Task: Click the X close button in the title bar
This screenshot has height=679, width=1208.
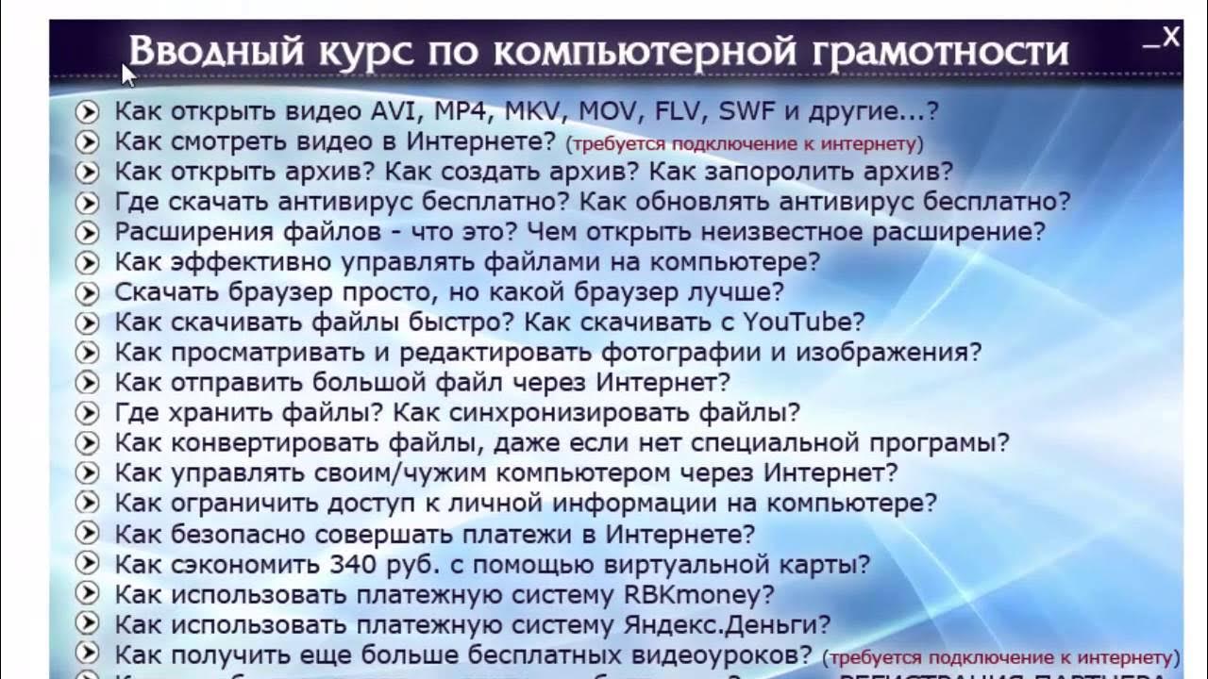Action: click(x=1171, y=38)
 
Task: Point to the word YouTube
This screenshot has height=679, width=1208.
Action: click(x=797, y=322)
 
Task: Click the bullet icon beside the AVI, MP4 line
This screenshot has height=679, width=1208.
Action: click(x=87, y=112)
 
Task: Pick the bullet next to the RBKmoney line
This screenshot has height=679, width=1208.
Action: click(x=87, y=595)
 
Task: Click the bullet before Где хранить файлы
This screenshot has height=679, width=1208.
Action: click(x=87, y=413)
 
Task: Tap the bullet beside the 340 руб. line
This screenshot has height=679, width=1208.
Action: click(x=87, y=565)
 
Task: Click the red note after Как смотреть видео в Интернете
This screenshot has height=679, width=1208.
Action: click(x=744, y=144)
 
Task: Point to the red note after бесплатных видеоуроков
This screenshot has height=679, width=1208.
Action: click(x=1001, y=657)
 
